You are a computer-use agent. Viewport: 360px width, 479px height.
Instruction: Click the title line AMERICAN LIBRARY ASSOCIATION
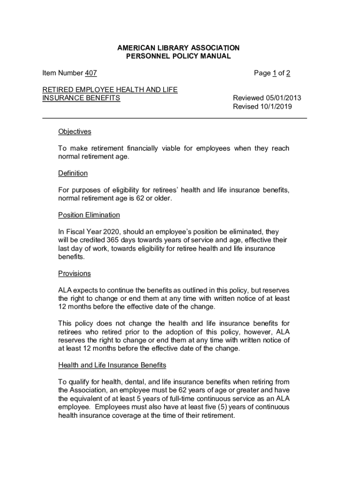coord(178,48)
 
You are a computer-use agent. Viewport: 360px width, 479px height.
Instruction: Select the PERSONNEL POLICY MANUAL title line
coord(178,56)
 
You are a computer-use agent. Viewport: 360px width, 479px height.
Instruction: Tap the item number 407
coord(91,73)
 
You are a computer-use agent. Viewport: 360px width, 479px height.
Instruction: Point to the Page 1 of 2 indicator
coord(272,73)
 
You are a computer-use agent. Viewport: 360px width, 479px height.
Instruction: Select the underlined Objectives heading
coord(74,131)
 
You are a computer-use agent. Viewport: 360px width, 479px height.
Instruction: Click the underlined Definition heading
coord(72,173)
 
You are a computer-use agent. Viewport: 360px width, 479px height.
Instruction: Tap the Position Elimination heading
coord(89,215)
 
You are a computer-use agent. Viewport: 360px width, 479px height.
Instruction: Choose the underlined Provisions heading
coord(74,273)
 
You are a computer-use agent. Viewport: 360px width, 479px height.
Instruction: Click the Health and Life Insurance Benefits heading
coord(112,364)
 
